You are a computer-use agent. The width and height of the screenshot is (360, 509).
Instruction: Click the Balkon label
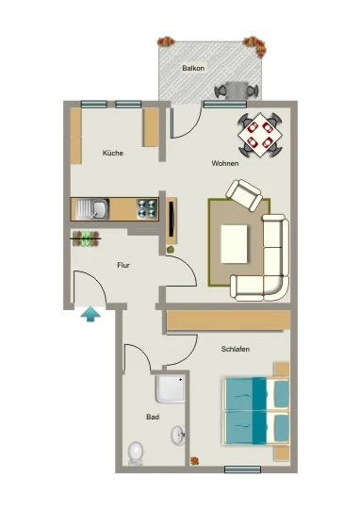click(x=193, y=68)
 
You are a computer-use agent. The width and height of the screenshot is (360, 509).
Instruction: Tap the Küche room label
click(x=113, y=153)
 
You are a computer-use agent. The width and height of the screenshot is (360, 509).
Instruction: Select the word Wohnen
click(x=225, y=163)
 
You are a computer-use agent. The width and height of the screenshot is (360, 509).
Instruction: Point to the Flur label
click(x=123, y=265)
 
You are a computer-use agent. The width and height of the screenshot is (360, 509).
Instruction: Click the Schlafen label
click(x=236, y=349)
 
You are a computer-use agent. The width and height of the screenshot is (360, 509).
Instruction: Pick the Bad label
click(x=153, y=417)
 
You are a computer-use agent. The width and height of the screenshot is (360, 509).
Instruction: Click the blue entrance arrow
click(x=90, y=314)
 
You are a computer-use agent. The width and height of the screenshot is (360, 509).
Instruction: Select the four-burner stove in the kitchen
click(x=147, y=208)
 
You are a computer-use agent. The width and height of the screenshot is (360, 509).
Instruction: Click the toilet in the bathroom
click(x=136, y=453)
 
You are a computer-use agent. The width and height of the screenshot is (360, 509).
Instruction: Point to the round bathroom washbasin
click(x=178, y=435)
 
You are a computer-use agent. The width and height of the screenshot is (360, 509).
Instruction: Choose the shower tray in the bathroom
click(x=170, y=389)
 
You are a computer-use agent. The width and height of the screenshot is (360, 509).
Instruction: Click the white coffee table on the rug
click(x=235, y=244)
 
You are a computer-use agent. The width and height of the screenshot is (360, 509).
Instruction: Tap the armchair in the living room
click(x=244, y=194)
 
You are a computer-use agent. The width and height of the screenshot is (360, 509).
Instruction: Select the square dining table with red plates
click(x=260, y=135)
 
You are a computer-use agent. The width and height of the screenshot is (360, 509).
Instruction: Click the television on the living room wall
click(x=172, y=219)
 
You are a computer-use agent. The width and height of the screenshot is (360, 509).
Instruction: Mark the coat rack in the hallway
click(x=86, y=238)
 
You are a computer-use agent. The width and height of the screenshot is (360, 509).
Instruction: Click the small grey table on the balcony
click(x=236, y=90)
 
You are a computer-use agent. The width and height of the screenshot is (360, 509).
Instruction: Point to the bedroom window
click(x=242, y=469)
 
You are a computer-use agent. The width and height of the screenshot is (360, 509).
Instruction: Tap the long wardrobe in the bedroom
click(x=228, y=320)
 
